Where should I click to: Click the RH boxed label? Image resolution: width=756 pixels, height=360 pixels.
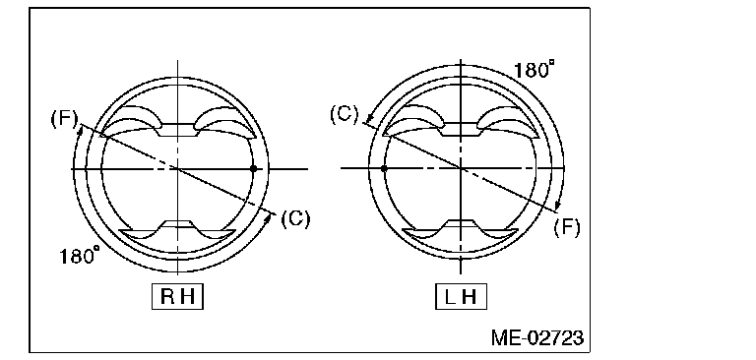point(177,296)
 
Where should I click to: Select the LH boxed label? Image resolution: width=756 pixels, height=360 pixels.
point(461,296)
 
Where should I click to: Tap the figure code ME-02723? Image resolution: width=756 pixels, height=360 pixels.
point(537,337)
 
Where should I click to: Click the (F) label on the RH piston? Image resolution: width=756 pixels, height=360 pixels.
point(64,119)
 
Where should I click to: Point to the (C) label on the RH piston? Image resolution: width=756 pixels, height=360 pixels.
point(295,218)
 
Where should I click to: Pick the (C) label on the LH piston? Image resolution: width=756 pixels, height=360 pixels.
point(345,115)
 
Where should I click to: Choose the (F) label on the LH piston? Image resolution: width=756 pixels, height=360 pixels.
point(567,226)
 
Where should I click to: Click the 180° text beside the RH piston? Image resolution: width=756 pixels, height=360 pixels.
point(80,255)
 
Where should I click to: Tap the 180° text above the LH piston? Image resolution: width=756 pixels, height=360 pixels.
point(534,70)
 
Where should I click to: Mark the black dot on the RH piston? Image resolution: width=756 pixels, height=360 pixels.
point(254,168)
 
